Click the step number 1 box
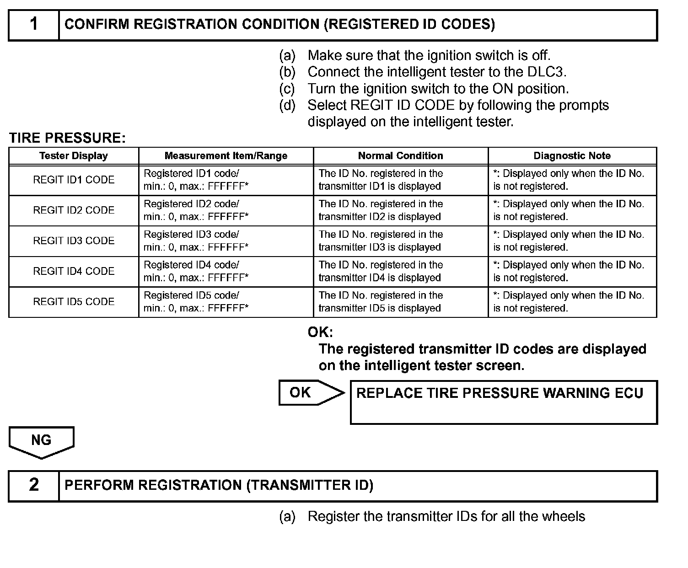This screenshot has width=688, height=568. (34, 25)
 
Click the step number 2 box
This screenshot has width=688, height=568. (34, 486)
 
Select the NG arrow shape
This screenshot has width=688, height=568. (41, 441)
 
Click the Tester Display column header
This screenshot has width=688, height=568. (74, 156)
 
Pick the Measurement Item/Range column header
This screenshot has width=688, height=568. (226, 156)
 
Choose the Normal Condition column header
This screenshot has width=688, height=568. (400, 156)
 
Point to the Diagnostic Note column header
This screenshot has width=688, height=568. (572, 156)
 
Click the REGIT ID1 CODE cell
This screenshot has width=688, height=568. (74, 180)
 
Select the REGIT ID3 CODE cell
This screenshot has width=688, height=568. (74, 241)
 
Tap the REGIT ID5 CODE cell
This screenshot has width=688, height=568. (74, 302)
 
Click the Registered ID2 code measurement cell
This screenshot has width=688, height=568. (226, 210)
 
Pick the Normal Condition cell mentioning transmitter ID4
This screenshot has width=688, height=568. (400, 271)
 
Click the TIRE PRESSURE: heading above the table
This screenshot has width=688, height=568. (67, 138)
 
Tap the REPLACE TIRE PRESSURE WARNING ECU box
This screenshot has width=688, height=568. (503, 402)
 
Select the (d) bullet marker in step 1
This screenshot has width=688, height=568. (287, 106)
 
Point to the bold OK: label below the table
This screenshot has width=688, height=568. (320, 332)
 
